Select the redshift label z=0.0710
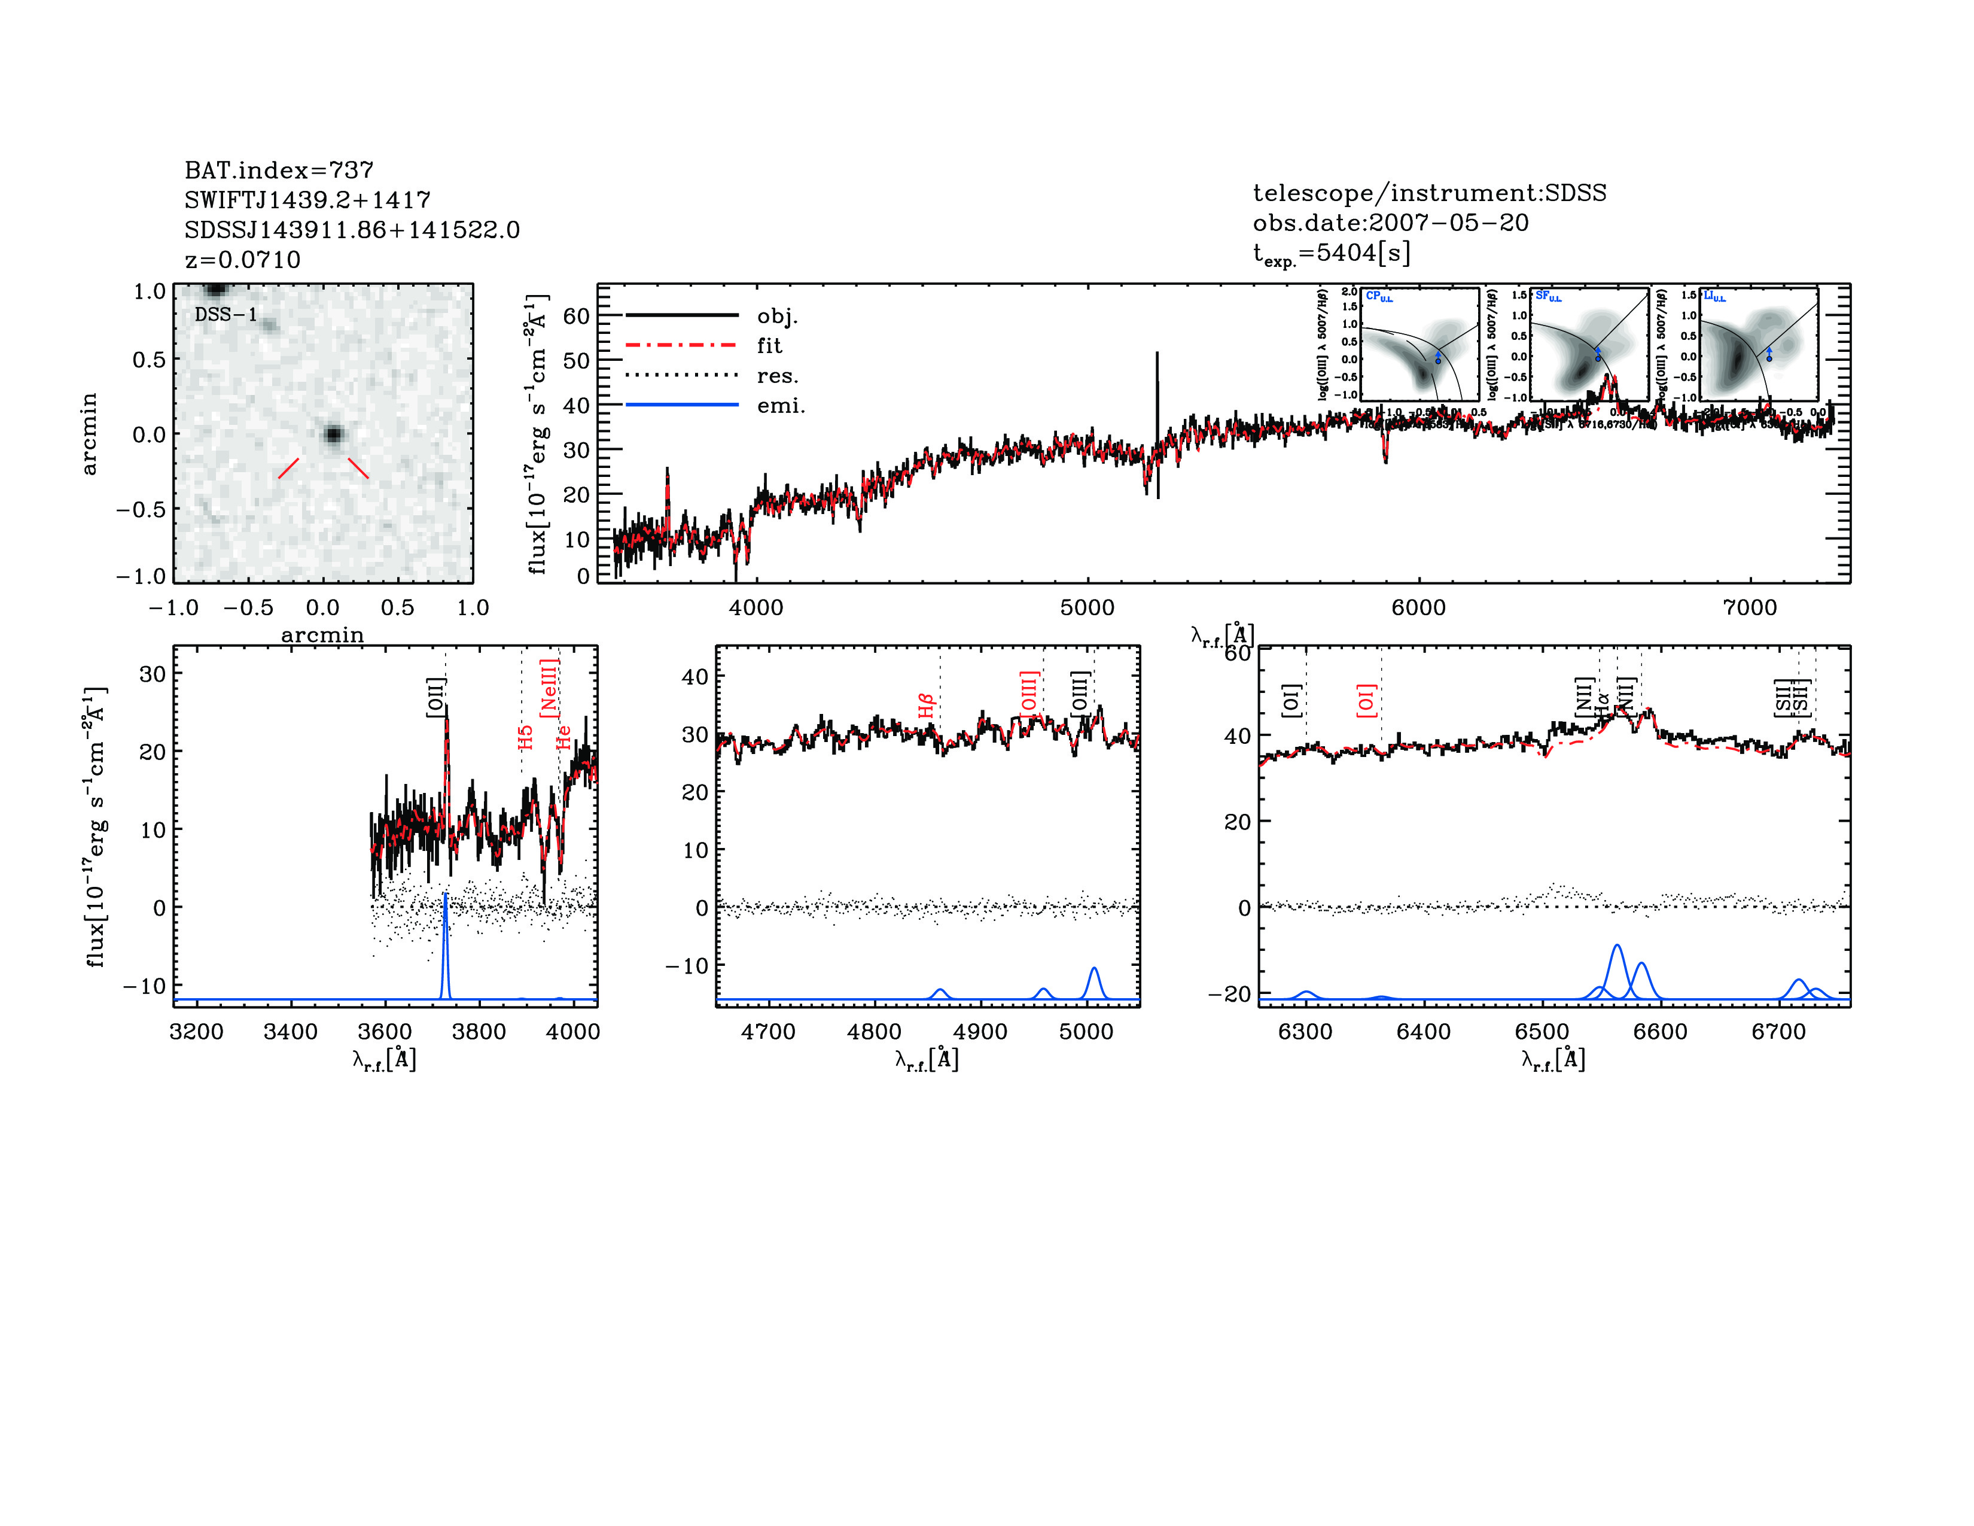(242, 260)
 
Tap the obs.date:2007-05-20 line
(1390, 223)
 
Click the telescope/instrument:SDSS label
(1429, 193)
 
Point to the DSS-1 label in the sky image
(226, 315)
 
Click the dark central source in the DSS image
(334, 435)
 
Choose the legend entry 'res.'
(777, 376)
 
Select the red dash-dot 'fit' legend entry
(769, 345)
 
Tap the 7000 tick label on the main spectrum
(1750, 607)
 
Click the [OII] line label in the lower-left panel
(435, 697)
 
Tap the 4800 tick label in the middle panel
(874, 1032)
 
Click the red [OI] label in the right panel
(1366, 701)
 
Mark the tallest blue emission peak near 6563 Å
(1617, 947)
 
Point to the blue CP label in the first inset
(1378, 296)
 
